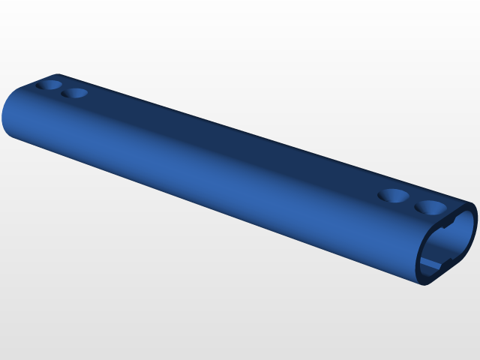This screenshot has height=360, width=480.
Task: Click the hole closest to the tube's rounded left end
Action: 50,85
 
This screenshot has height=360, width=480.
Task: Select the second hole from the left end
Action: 74,94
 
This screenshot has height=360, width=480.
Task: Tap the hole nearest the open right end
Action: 430,206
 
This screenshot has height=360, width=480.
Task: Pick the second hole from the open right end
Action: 393,196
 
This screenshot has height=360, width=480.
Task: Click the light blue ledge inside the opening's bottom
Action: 430,265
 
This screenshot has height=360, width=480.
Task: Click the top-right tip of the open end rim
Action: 474,205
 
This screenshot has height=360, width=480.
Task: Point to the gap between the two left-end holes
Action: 62,89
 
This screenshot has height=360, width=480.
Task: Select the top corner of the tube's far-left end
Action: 58,75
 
